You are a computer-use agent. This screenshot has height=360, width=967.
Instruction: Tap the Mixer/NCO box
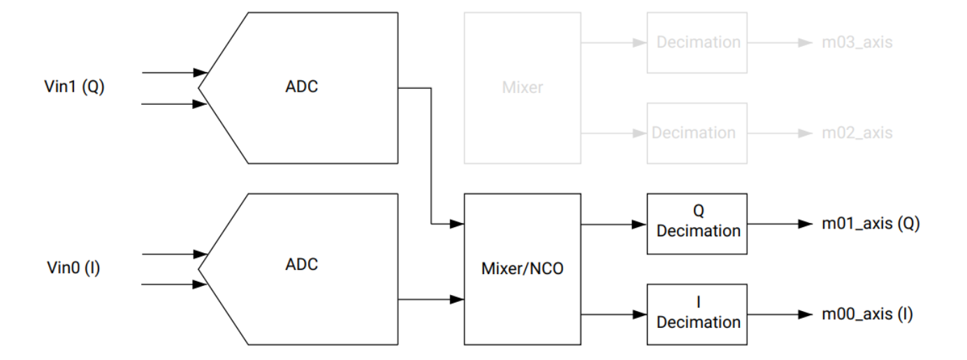[522, 269]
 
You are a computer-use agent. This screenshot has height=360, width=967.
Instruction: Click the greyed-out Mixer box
[522, 88]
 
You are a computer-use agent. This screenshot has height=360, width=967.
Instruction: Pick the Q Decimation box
[697, 224]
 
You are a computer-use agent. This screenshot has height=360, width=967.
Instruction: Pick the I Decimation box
[697, 314]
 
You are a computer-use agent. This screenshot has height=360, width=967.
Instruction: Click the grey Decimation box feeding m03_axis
[697, 43]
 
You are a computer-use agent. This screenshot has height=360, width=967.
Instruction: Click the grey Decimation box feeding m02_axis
[697, 133]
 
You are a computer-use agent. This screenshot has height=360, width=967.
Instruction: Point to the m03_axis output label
[857, 43]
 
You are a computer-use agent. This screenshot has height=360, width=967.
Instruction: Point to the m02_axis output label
[857, 133]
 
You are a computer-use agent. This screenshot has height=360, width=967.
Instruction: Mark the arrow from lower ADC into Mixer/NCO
[431, 299]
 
